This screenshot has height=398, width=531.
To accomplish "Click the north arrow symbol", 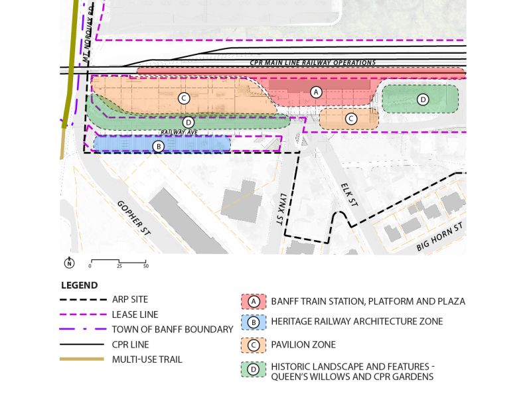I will pos(69,263).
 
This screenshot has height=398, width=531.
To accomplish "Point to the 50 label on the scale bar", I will pos(145,266).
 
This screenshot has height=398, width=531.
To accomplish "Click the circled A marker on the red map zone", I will pos(316,92).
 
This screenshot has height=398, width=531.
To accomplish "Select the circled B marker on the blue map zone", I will pos(159,146).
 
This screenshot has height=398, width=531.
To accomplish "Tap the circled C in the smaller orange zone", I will pos(351,119).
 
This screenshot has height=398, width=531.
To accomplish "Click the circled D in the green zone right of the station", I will pos(423,99).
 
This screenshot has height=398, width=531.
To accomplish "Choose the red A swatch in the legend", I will pos(253,301).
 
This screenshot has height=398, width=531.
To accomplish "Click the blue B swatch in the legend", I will pos(253,322).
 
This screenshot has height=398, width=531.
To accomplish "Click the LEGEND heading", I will pos(79,286).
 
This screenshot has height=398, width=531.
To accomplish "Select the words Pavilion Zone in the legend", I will pos(303,345).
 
